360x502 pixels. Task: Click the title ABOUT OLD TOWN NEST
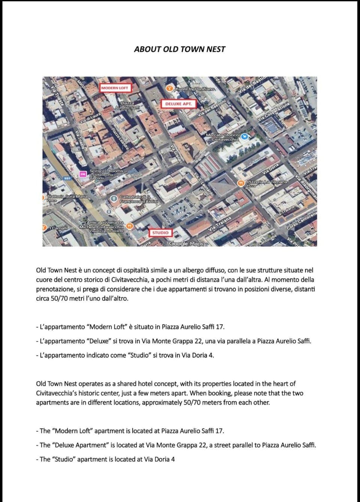pos(180,49)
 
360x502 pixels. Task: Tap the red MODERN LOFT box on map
pos(114,88)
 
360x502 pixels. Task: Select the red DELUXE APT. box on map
pos(178,104)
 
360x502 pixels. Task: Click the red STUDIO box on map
pos(160,233)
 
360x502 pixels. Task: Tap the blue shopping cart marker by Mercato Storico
pos(244,137)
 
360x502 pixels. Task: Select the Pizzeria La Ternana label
pos(266,182)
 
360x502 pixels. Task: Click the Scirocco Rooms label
pos(106,171)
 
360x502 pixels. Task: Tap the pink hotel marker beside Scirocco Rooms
pos(82,174)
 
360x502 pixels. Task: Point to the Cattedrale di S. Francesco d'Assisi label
pos(138,199)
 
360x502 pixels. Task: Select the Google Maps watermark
pos(186,243)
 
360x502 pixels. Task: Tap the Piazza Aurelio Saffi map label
pos(127,105)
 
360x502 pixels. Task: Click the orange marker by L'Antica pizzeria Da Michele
pos(129,226)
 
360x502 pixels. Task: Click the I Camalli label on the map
pos(59,228)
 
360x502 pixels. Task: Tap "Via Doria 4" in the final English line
pos(159,459)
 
